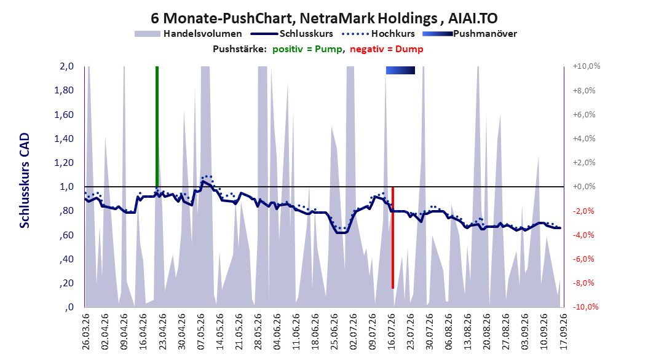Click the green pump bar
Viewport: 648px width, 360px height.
[157, 127]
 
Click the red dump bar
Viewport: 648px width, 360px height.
[393, 237]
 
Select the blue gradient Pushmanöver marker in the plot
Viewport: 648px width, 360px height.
[400, 70]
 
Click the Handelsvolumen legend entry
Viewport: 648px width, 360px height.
[188, 34]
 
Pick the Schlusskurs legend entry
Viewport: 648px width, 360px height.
[292, 34]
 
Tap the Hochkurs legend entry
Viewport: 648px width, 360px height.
[379, 34]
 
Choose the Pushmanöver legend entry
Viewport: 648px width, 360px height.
[470, 34]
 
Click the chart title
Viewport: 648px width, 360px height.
[324, 18]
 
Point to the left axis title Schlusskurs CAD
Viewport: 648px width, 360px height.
[25, 181]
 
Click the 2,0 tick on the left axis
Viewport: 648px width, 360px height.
[66, 66]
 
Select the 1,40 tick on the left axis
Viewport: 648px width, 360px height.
[64, 139]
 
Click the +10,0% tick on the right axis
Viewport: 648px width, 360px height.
[586, 66]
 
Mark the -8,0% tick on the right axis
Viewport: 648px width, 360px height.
[583, 283]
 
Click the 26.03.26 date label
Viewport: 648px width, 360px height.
[86, 332]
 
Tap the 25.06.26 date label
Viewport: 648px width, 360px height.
[334, 332]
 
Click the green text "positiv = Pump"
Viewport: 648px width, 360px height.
[307, 49]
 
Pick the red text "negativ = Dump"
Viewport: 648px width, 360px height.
[387, 49]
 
